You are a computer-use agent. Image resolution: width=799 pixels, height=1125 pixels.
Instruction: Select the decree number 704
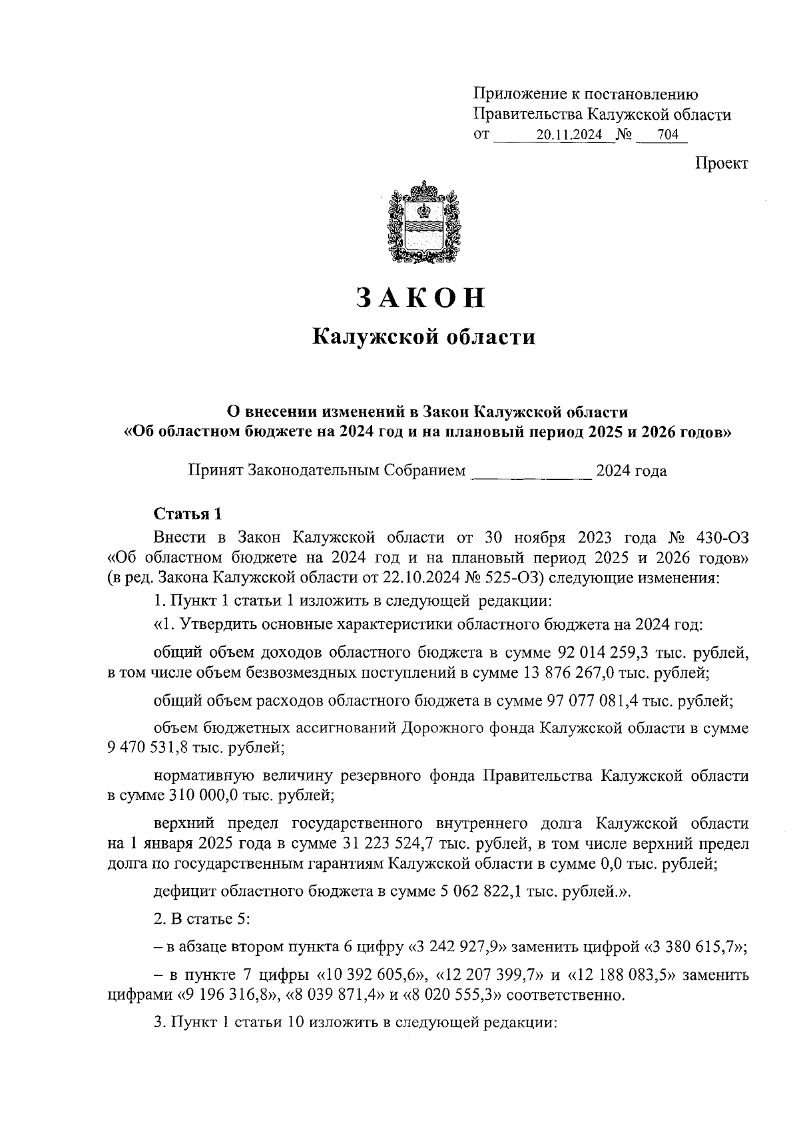[667, 135]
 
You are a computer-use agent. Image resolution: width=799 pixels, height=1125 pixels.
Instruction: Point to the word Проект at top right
[722, 164]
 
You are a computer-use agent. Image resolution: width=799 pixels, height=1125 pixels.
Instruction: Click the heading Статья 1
[187, 514]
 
